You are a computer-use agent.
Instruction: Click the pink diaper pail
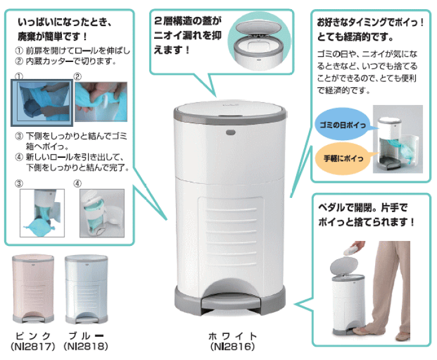click(x=33, y=289)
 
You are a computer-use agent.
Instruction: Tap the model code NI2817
click(x=33, y=347)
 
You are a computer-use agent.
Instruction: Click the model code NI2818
click(x=86, y=347)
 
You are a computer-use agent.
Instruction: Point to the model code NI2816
click(x=232, y=347)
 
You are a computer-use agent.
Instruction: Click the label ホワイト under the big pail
click(x=232, y=336)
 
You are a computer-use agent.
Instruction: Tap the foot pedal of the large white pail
click(x=231, y=302)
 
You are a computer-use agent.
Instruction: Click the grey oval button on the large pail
click(x=231, y=132)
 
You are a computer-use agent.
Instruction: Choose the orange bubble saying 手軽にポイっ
click(x=344, y=158)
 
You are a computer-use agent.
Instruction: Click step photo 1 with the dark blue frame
click(x=42, y=103)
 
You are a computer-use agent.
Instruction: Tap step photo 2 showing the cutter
click(x=101, y=101)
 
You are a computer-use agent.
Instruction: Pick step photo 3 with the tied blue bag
click(x=42, y=213)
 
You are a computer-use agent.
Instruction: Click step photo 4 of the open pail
click(x=102, y=213)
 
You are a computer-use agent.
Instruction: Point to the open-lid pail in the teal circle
click(x=259, y=44)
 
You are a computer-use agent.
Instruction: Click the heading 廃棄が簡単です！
click(x=53, y=36)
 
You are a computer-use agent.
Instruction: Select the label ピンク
click(x=33, y=336)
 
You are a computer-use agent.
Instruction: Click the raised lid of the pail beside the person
click(x=344, y=266)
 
